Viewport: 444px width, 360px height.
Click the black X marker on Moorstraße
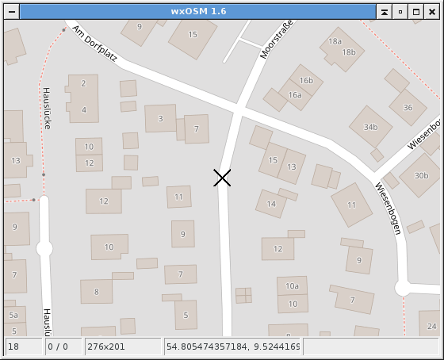[x=222, y=178]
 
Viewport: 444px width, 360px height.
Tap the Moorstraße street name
[x=277, y=39]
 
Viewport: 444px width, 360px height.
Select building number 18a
[x=335, y=41]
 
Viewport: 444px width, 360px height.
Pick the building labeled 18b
[x=349, y=52]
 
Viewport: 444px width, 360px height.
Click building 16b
[x=306, y=80]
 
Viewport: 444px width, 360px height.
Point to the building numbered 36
[x=408, y=107]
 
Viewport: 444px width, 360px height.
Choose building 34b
[x=370, y=127]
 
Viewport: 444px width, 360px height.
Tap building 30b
[x=421, y=175]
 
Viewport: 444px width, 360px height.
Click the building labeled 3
[x=161, y=118]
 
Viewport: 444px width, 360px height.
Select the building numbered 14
[x=271, y=204]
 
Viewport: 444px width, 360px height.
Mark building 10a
[x=293, y=285]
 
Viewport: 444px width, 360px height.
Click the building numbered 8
[x=97, y=292]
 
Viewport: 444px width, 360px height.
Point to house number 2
[x=83, y=83]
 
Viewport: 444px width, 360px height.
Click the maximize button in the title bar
[x=416, y=12]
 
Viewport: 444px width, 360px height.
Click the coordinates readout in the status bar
[x=232, y=347]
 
